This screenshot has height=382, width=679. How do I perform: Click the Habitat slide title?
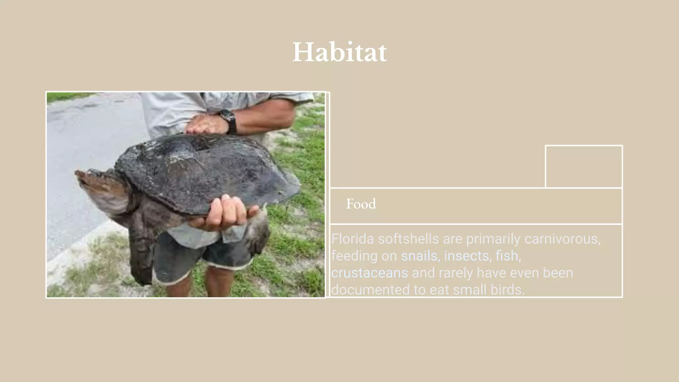(339, 52)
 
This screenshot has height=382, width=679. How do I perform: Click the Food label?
(361, 204)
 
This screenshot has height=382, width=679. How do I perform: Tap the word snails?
(419, 256)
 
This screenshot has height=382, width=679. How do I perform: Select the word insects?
(466, 256)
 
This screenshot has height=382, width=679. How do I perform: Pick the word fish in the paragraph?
(507, 256)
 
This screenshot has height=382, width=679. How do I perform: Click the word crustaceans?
(369, 273)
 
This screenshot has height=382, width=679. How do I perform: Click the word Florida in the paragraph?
(352, 239)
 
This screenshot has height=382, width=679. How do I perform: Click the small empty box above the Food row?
(584, 166)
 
